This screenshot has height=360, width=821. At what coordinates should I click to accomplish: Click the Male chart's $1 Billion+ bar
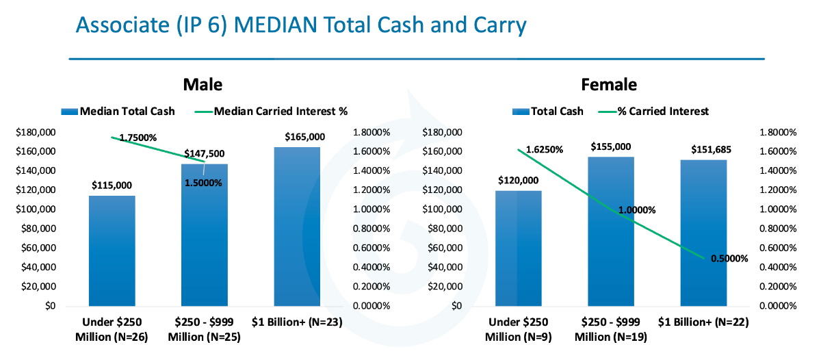[x=297, y=227]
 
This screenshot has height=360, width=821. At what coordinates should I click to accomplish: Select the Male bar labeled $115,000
[x=112, y=250]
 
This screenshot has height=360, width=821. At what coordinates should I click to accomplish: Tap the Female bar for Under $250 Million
[x=519, y=248]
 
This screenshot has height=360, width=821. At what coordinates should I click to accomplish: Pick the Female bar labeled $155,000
[x=611, y=231]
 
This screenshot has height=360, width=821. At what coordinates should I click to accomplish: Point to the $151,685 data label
[x=711, y=150]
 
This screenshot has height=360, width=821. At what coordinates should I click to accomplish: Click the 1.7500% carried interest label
[x=138, y=138]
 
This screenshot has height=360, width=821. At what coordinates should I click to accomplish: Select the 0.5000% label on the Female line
[x=729, y=259]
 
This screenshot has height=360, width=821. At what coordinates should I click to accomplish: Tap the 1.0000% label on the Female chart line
[x=637, y=210]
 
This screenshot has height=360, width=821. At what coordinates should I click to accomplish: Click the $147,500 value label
[x=204, y=153]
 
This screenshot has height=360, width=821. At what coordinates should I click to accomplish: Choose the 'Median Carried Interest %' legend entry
[x=271, y=111]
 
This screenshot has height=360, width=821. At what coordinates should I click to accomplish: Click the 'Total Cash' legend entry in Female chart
[x=548, y=111]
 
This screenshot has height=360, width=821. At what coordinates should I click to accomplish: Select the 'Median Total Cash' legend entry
[x=118, y=111]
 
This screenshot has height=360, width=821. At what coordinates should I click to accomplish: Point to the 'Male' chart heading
[x=203, y=85]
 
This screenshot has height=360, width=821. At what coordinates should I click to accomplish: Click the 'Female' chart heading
[x=609, y=85]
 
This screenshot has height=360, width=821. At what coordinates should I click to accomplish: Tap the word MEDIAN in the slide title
[x=275, y=25]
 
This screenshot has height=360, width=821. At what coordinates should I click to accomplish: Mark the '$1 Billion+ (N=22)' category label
[x=703, y=322]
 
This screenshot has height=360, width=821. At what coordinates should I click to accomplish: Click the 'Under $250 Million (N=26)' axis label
[x=112, y=329]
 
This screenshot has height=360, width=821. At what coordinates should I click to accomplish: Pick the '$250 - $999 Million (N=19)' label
[x=611, y=329]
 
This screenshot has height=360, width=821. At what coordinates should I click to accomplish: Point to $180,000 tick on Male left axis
[x=36, y=132]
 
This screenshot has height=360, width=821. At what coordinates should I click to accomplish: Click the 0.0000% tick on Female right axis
[x=778, y=306]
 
